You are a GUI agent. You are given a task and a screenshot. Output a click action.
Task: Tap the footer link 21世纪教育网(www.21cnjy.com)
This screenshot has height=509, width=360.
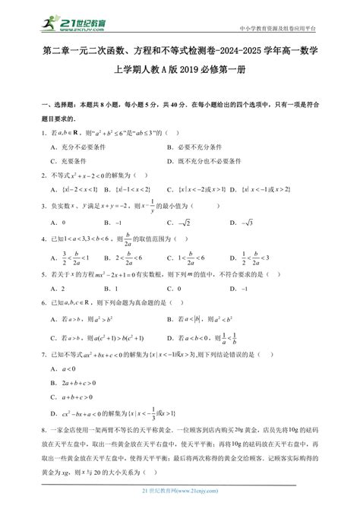click(x=180, y=495)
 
